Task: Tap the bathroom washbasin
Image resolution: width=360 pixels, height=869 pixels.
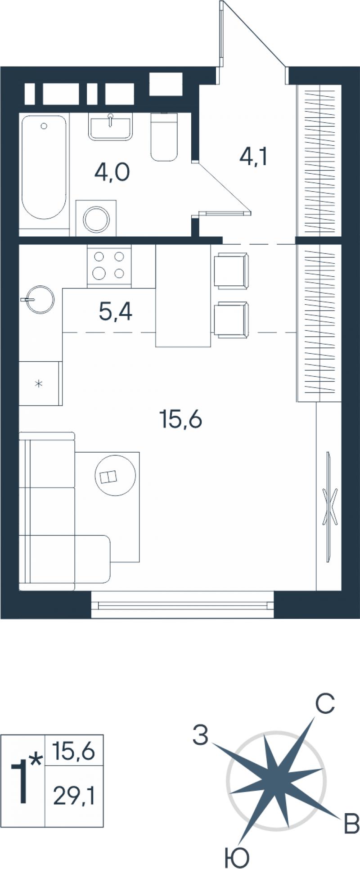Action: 110,127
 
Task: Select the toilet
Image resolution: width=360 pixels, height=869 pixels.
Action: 164,136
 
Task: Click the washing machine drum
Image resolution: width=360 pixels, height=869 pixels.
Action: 97,218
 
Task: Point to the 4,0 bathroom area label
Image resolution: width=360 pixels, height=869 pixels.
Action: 112,172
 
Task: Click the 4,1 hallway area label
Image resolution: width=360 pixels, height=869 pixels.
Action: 253,157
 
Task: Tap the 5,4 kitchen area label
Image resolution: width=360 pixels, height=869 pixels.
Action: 116,311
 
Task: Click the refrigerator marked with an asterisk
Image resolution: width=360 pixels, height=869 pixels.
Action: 40,383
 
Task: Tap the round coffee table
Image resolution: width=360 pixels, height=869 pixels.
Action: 115,476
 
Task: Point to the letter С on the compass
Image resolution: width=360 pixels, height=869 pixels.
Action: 324,704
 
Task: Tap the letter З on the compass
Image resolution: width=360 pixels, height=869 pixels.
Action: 201,736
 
